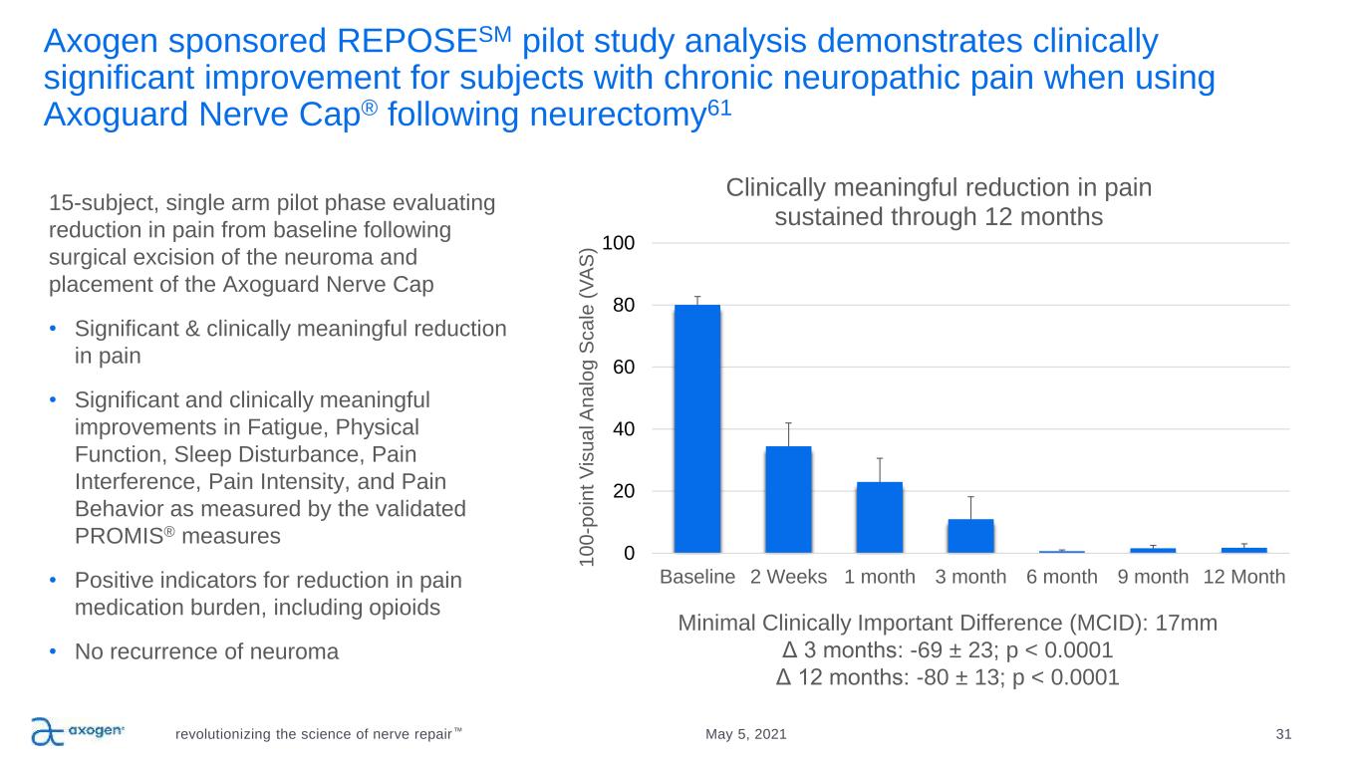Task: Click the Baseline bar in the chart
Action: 696,428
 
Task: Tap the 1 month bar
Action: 879,517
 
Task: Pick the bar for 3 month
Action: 970,536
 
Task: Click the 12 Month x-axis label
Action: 1243,577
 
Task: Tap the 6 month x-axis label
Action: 1062,577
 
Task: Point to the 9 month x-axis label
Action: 1153,577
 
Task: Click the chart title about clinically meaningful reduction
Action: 939,202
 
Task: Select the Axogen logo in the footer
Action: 77,731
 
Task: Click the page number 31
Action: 1283,734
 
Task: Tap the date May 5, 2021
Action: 745,734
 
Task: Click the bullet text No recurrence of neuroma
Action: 206,652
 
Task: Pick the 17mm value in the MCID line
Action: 1191,624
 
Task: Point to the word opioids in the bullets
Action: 404,608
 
